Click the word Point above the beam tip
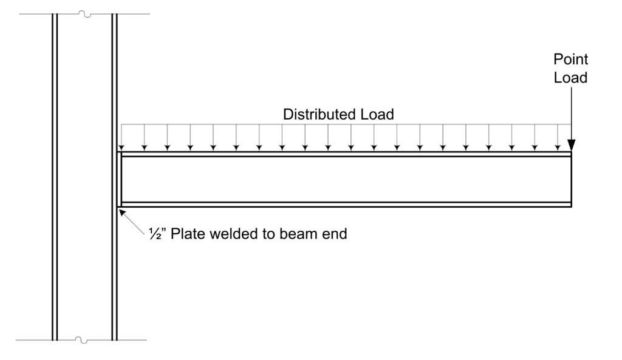click(570, 59)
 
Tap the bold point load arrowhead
click(571, 144)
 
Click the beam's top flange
click(346, 154)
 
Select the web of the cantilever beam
click(346, 180)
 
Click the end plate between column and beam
click(119, 180)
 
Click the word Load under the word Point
click(570, 78)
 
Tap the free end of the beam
click(570, 180)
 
